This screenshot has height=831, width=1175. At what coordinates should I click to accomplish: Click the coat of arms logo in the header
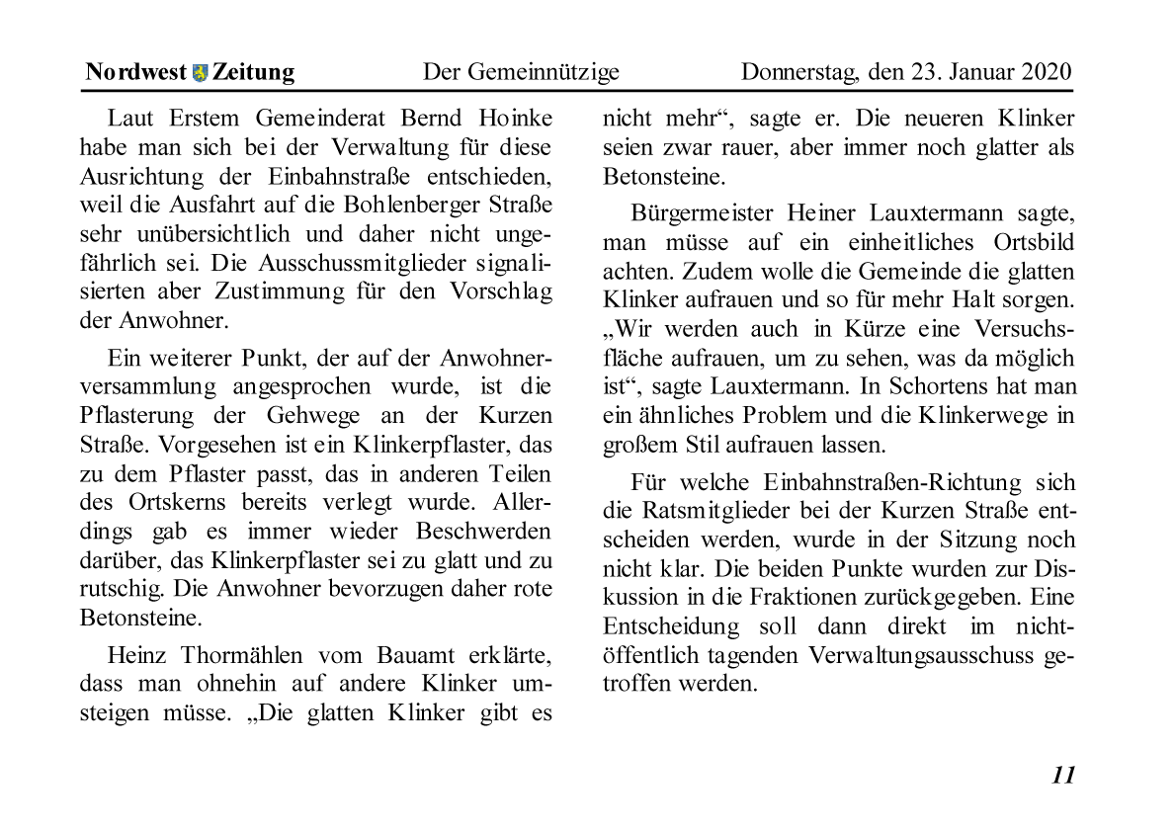click(x=201, y=72)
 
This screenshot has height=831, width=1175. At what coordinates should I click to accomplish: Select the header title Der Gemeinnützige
click(x=521, y=72)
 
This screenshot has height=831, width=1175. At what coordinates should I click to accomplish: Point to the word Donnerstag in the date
click(x=798, y=72)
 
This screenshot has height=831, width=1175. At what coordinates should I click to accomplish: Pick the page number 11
click(x=1063, y=775)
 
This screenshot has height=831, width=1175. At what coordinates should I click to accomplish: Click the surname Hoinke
click(x=513, y=119)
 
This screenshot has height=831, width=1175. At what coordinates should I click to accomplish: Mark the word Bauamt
click(x=416, y=656)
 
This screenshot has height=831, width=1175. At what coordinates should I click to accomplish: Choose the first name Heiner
click(x=822, y=213)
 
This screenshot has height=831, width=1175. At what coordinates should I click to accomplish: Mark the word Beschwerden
click(x=483, y=531)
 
